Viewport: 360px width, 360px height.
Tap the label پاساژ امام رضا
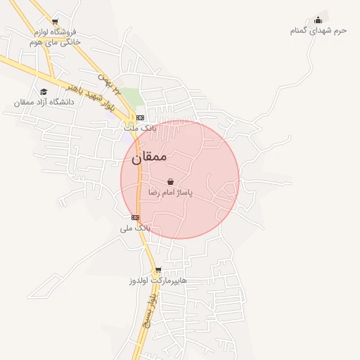click(170, 192)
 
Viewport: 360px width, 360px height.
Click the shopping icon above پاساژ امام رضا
click(170, 181)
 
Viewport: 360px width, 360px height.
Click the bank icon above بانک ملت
click(139, 117)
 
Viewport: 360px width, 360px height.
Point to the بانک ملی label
click(135, 228)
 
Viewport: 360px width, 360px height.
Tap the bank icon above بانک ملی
click(135, 217)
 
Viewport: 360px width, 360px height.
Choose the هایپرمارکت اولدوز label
click(158, 280)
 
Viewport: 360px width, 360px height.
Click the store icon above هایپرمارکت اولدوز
click(158, 269)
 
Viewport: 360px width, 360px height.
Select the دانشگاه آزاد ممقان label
click(44, 102)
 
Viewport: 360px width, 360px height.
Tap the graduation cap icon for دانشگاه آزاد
click(44, 91)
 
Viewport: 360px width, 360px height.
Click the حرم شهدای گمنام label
click(319, 30)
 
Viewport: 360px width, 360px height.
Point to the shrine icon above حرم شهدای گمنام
click(319, 20)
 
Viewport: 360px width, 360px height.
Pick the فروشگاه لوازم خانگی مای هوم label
click(55, 37)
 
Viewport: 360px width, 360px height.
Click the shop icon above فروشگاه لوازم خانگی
click(55, 22)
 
